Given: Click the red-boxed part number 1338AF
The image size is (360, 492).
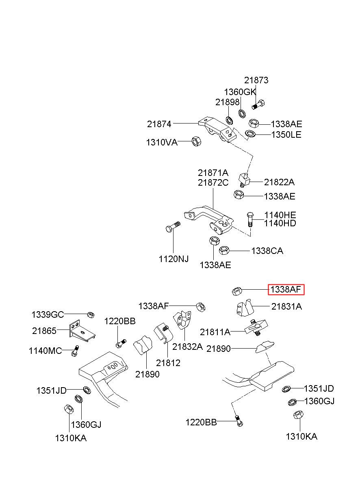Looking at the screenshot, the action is coord(286,290).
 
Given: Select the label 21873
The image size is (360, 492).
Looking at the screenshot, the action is coord(256,80).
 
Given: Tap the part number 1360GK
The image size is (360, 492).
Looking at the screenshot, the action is coord(240,92).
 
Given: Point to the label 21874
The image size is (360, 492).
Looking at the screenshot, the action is coord(159,124).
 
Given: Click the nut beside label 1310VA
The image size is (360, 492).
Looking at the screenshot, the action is coord(196,141).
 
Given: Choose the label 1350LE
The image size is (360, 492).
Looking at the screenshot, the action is coord(286,134).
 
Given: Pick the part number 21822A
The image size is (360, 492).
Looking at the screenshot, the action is coord(279,182).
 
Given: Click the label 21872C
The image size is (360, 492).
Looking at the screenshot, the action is coord(213,182).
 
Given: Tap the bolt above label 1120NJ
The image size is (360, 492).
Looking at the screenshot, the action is coord(173,227).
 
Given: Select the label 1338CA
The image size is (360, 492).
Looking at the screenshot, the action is coord(267,251).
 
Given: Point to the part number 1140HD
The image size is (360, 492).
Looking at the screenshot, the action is coord(280,223).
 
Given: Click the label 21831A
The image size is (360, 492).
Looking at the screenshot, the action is coord(286,306).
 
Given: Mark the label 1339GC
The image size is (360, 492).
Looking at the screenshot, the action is coord(48,315).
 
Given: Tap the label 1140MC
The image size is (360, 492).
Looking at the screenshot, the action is coord(45,351).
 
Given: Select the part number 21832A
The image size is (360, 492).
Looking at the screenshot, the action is coord(187,347).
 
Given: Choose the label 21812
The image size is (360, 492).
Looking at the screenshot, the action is coord(168,363).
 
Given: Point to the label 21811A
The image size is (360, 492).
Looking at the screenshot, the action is coord(215,332).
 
